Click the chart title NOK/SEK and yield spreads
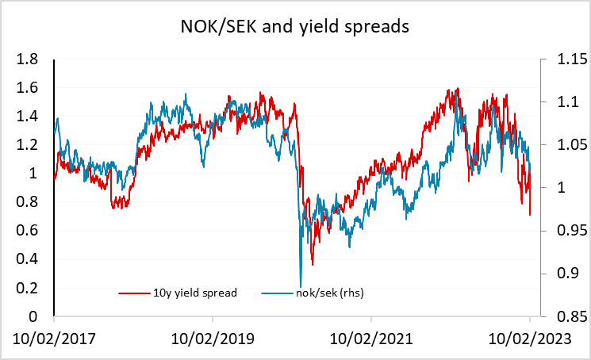coord(295,28)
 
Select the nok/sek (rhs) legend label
coord(330,293)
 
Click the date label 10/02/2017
coord(54,339)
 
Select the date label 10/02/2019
coord(213,339)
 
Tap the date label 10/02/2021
coord(371,339)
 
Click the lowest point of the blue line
coord(301,286)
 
